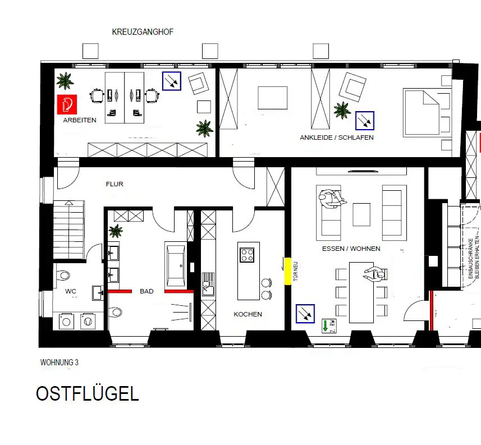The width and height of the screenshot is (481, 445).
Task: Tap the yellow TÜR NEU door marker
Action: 287,271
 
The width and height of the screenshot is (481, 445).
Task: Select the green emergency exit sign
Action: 328,326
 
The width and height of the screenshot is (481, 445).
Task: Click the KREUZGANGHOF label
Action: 143,33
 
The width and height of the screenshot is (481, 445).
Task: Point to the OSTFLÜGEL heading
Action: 87,394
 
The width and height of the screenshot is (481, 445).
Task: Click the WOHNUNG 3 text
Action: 59,363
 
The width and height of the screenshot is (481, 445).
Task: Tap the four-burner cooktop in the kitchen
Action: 248,255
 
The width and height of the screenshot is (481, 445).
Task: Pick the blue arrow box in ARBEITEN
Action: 171,81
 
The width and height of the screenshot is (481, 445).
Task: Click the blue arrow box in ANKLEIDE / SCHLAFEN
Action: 365,121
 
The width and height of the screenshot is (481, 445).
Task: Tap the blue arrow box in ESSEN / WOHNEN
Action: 305,314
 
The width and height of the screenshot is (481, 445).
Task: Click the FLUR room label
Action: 114,184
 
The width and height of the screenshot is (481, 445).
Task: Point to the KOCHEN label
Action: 248,314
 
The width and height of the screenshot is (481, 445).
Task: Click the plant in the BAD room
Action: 116,231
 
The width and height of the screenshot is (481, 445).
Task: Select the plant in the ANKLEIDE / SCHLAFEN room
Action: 342,110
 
